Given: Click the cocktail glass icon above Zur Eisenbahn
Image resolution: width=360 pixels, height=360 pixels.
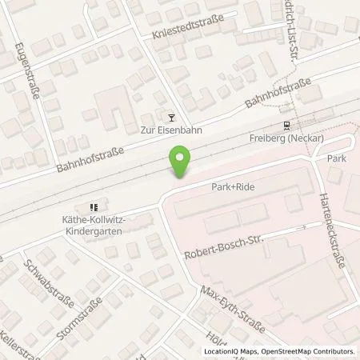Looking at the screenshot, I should (169, 118).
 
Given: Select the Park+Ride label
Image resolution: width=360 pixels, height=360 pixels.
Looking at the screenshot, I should (232, 186).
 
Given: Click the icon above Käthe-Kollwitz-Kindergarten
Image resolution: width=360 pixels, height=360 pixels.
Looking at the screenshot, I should (94, 205).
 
